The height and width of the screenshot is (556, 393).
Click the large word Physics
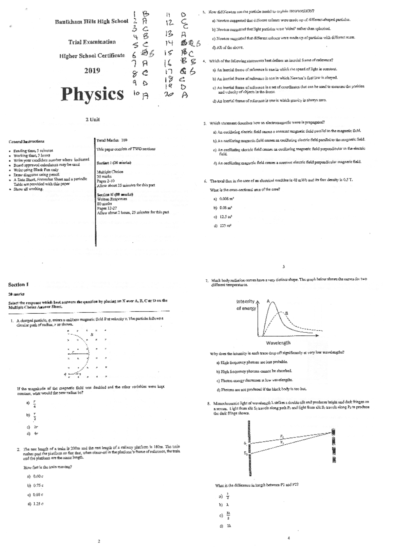click(92, 94)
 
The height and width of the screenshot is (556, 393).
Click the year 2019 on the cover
click(92, 70)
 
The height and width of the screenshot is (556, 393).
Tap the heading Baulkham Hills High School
click(92, 22)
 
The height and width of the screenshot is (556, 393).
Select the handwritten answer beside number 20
click(185, 95)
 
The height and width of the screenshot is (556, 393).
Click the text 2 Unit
click(92, 120)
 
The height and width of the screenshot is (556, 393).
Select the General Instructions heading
click(27, 141)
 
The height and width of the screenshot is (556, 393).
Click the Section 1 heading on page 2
click(18, 285)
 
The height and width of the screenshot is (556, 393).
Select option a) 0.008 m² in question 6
click(224, 199)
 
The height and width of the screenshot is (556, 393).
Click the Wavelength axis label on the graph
click(278, 343)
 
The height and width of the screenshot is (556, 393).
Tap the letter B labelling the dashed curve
click(287, 313)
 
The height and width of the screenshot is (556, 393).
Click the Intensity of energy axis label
click(246, 305)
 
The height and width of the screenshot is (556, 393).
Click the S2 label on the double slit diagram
click(245, 453)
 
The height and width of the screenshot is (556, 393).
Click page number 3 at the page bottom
click(284, 267)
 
